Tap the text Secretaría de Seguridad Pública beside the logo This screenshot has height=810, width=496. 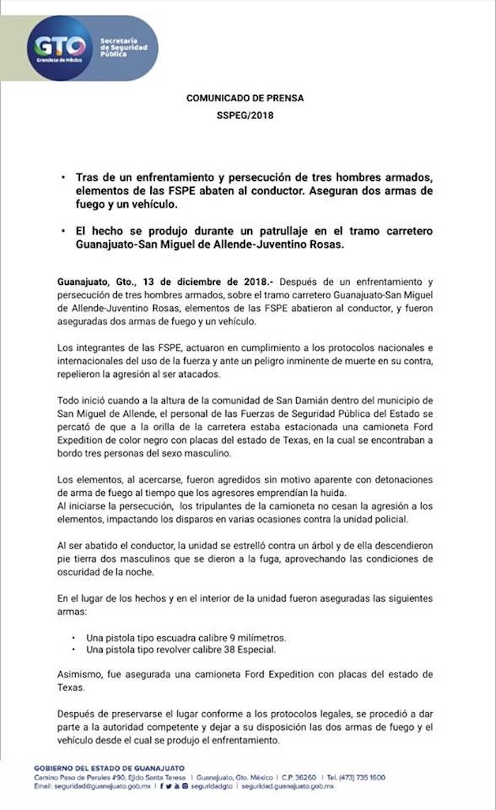[124, 47]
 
